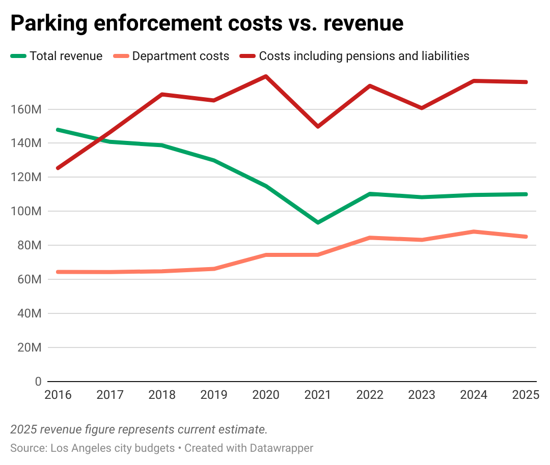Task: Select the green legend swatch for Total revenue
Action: (x=18, y=56)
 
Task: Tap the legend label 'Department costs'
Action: (x=181, y=56)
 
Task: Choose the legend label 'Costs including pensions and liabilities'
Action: (x=364, y=56)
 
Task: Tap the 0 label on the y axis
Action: (x=38, y=382)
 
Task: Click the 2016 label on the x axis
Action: (x=58, y=395)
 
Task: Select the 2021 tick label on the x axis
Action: (x=317, y=395)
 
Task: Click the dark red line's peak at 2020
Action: (x=266, y=76)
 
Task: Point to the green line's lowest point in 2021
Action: (x=318, y=222)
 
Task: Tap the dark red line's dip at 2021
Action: (x=318, y=126)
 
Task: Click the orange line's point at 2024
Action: (x=474, y=232)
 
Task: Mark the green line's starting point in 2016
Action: (x=58, y=130)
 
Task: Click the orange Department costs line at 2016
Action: (x=58, y=272)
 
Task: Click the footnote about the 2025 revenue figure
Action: (x=139, y=429)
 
